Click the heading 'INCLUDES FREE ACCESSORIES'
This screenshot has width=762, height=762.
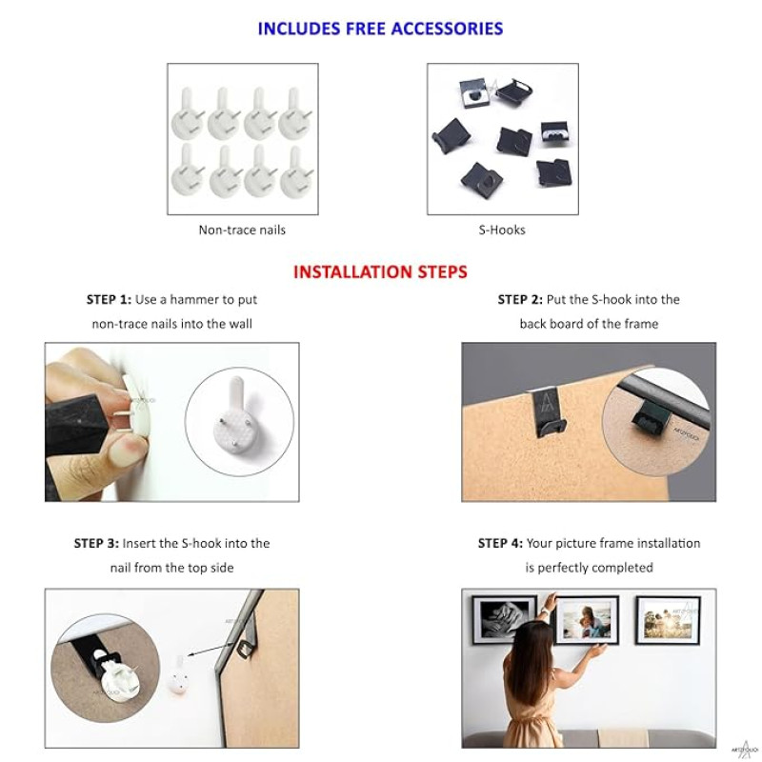click(x=380, y=29)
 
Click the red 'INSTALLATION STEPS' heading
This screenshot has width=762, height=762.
click(x=380, y=271)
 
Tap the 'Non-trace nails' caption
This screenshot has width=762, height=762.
click(x=242, y=230)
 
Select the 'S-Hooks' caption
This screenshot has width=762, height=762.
click(x=502, y=230)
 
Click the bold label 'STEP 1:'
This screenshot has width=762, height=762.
click(x=109, y=299)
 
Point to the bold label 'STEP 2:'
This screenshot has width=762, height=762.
click(x=520, y=299)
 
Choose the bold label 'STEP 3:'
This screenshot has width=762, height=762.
click(x=96, y=543)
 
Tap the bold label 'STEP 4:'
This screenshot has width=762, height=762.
click(x=501, y=543)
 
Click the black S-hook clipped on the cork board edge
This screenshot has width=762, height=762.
click(x=549, y=412)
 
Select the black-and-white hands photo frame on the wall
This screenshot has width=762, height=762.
click(x=504, y=619)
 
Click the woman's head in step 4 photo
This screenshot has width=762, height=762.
click(x=527, y=640)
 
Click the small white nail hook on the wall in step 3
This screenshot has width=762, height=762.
click(x=178, y=676)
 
